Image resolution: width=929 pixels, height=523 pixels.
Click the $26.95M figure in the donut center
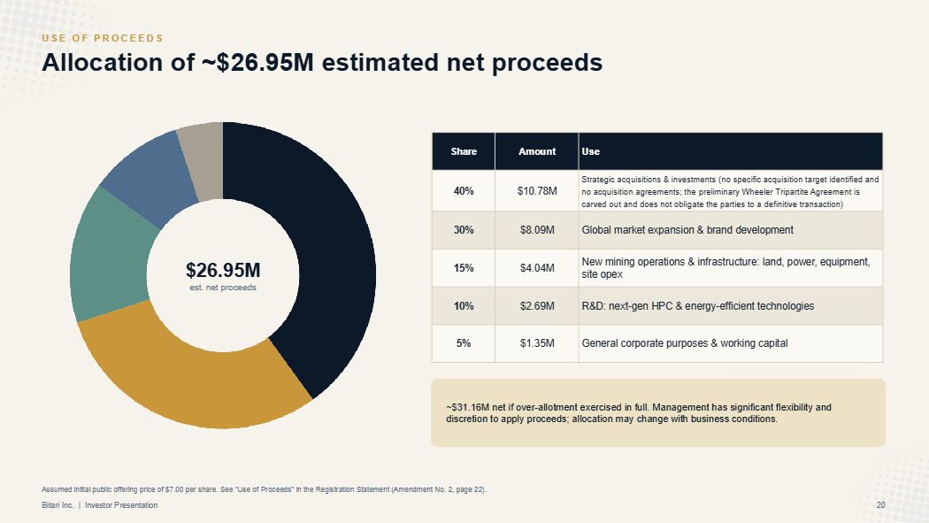click(223, 270)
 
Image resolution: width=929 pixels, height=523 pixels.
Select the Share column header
click(464, 151)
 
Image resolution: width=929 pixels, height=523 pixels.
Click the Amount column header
click(537, 151)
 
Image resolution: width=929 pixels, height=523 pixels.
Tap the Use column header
click(591, 151)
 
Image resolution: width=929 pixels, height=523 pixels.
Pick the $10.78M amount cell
click(537, 191)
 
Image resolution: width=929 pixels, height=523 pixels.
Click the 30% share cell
click(464, 230)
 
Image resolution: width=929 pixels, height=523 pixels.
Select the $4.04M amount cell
click(537, 268)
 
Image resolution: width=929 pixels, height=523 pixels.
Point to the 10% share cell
click(464, 306)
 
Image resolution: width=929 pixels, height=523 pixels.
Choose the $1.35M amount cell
click(537, 343)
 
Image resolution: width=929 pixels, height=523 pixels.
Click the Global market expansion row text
click(687, 230)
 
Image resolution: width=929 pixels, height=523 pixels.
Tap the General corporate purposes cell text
click(685, 343)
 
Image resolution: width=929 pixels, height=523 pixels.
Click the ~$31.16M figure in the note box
click(467, 407)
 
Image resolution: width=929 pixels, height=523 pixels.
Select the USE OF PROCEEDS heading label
click(103, 39)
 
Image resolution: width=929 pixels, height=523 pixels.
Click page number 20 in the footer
click(881, 505)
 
